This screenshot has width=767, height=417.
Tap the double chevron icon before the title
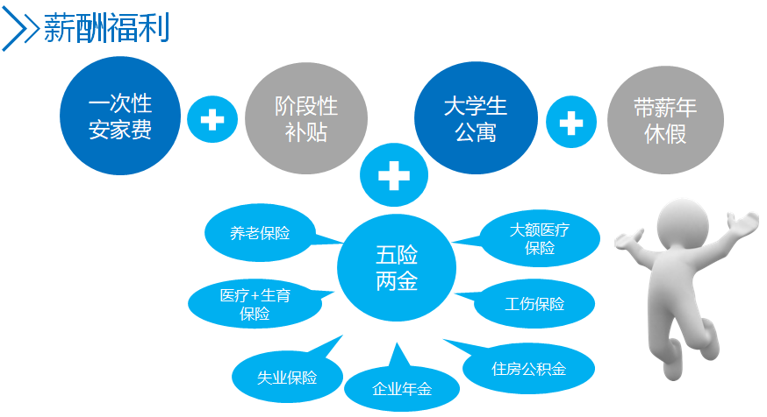tap(21, 29)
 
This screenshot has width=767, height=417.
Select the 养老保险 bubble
tap(261, 233)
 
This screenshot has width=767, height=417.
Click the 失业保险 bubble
tap(287, 377)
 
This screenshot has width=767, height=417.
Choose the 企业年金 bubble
tap(402, 388)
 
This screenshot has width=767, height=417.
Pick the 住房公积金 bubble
tap(528, 368)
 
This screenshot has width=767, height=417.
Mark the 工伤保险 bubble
tap(534, 304)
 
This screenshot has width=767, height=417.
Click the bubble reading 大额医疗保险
tap(540, 238)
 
